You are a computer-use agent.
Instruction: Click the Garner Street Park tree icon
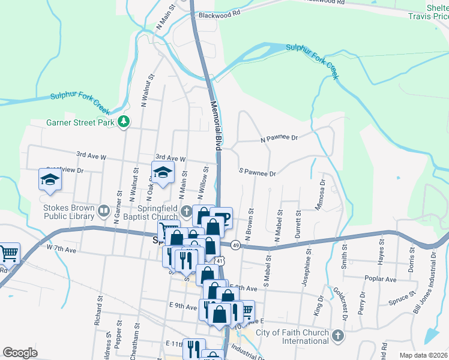[x=124, y=122]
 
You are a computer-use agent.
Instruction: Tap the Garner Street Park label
[x=80, y=123]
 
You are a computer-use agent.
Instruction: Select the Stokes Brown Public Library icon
[x=104, y=211]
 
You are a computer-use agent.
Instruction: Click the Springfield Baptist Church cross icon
[x=187, y=211]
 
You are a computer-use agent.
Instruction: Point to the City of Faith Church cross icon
[x=337, y=334]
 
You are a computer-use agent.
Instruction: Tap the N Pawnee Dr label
[x=279, y=138]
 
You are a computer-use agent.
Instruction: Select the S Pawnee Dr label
[x=257, y=173]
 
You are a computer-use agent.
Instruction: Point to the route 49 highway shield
[x=236, y=245]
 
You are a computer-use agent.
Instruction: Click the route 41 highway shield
[x=221, y=261]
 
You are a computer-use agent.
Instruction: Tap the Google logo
[x=20, y=352]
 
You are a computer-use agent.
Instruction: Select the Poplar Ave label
[x=382, y=279]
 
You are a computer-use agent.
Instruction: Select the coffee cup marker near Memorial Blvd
[x=221, y=217]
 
